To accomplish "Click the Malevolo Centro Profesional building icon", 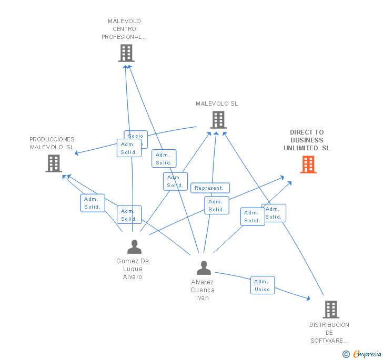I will pyautogui.click(x=126, y=53).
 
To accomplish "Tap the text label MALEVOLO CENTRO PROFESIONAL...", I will pyautogui.click(x=125, y=29).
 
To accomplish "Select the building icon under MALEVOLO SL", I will pyautogui.click(x=218, y=120).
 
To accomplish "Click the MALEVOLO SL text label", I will pyautogui.click(x=217, y=104).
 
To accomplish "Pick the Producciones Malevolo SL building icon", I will pyautogui.click(x=54, y=163).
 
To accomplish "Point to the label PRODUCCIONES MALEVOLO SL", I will pyautogui.click(x=52, y=143).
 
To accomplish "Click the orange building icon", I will pyautogui.click(x=308, y=164).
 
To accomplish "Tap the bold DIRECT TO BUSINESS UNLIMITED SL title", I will pyautogui.click(x=307, y=140).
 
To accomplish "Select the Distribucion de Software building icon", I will pyautogui.click(x=330, y=310).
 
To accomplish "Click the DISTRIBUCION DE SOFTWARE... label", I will pyautogui.click(x=329, y=333).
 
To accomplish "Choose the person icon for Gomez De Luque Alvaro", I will pyautogui.click(x=134, y=246).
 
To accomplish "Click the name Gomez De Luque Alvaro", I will pyautogui.click(x=133, y=269).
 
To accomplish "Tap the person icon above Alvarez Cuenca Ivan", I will pyautogui.click(x=204, y=268).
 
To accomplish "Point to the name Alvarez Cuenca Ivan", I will pyautogui.click(x=203, y=290).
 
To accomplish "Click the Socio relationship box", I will pyautogui.click(x=136, y=136).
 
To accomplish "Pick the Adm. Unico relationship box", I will pyautogui.click(x=262, y=285).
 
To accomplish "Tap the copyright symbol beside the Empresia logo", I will pyautogui.click(x=346, y=354).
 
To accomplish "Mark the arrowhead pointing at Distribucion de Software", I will pyautogui.click(x=308, y=299).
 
